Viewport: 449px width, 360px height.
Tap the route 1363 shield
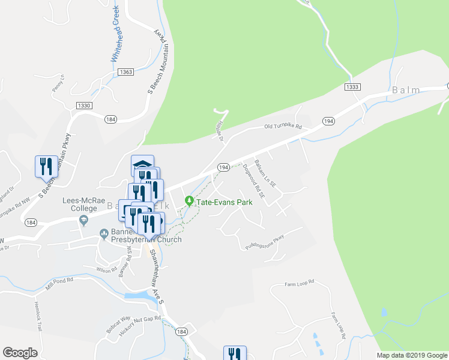pos(125,72)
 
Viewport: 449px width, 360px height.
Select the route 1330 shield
pos(83,106)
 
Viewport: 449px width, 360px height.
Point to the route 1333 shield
pos(352,87)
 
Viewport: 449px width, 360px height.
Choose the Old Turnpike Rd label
pos(283,127)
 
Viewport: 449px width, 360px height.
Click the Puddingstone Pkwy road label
pos(264,245)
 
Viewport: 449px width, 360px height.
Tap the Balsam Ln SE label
pos(265,171)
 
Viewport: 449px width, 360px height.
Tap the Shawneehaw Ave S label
pos(156,274)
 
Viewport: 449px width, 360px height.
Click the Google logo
pos(20,353)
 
